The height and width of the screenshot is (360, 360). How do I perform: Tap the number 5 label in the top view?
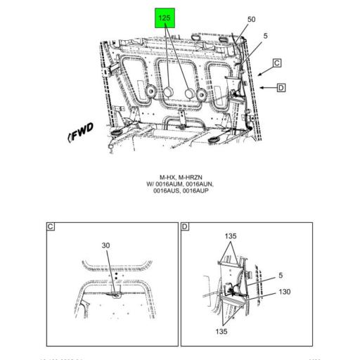[x=266, y=36]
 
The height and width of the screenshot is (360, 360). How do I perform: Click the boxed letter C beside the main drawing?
[x=277, y=63]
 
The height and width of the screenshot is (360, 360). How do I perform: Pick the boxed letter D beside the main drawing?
[x=281, y=88]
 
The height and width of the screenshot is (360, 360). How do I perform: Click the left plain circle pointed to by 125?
[x=169, y=94]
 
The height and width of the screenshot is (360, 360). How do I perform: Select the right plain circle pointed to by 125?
[x=189, y=94]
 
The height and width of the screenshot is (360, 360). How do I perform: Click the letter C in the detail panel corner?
[x=51, y=226]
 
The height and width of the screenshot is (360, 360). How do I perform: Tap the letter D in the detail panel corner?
[x=185, y=226]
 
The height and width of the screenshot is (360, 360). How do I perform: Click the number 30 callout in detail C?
[x=106, y=245]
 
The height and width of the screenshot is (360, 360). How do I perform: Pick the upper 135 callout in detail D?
[x=231, y=236]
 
